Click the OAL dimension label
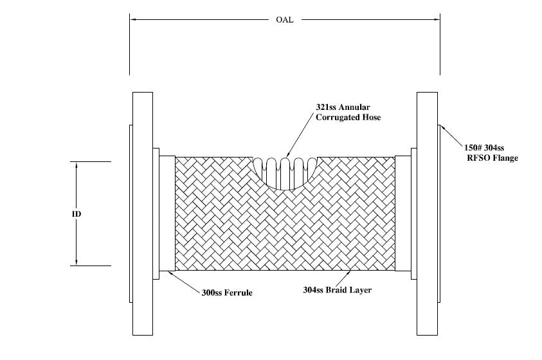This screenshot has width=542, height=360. point(285,19)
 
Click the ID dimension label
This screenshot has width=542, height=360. point(77,213)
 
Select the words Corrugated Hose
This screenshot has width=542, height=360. point(348,117)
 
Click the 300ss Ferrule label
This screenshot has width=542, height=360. point(226,292)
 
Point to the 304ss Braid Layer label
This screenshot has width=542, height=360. point(337,290)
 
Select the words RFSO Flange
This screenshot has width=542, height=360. point(493,157)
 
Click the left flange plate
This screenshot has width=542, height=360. point(143,213)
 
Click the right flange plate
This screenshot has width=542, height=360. point(427,213)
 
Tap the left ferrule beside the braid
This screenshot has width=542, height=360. point(167,213)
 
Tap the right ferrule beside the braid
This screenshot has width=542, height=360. point(403,213)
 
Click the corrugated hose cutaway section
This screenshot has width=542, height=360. point(285,172)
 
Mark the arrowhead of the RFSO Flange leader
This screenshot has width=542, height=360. point(442,128)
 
